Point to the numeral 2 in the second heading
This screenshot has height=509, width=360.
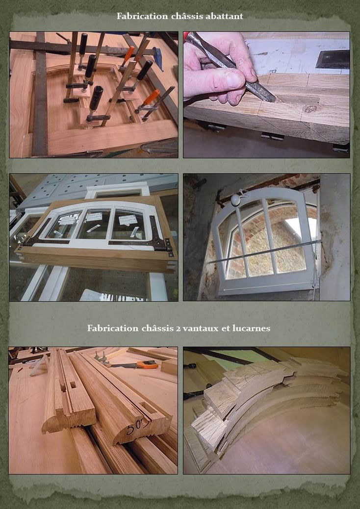[179, 329]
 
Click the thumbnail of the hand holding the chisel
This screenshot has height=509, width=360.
[266, 95]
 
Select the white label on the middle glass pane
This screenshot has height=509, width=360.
[95, 217]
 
